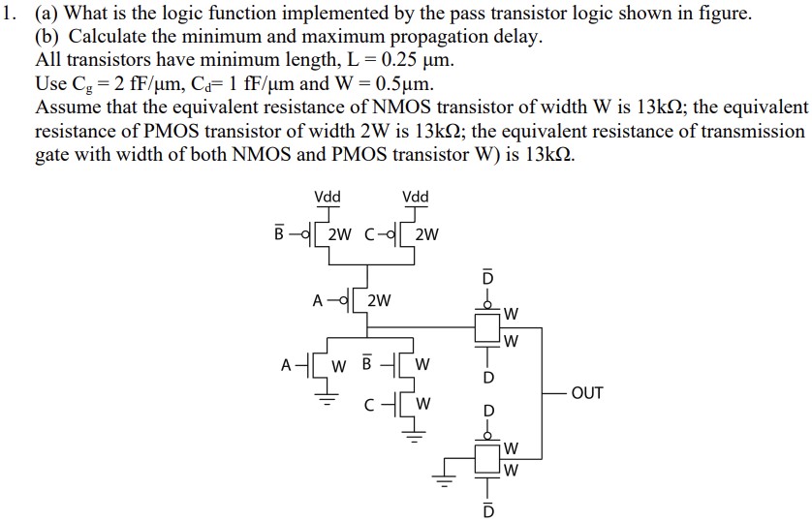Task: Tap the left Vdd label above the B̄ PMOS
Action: pos(328,197)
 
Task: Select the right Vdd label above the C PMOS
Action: pos(415,197)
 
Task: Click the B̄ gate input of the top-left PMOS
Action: pos(279,233)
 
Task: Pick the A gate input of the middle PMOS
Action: pos(317,300)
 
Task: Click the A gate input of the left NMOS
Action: pos(285,365)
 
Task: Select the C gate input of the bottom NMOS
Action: pos(370,402)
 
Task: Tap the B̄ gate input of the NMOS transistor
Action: pos(366,365)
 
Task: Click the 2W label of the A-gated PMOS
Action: pos(379,301)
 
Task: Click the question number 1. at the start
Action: pos(11,15)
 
